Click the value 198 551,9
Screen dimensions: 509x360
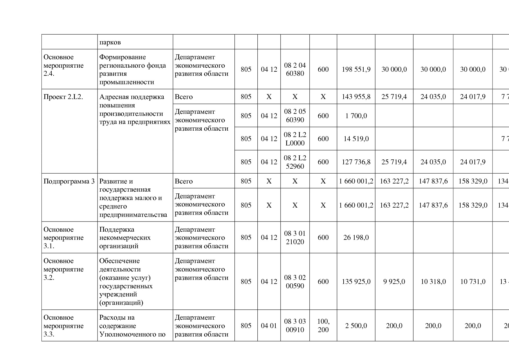pos(356,69)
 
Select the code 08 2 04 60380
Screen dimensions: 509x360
pos(295,69)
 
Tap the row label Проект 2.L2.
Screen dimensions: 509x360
pos(63,97)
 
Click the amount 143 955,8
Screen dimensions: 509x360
pos(356,97)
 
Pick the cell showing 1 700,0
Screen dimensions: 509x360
pos(356,116)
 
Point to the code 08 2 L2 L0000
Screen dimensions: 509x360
pos(295,139)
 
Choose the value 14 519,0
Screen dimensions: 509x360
pos(356,139)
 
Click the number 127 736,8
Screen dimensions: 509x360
pos(356,162)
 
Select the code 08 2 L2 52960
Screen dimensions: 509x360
pos(295,162)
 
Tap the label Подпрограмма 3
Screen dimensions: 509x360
pos(69,181)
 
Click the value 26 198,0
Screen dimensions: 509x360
pos(356,237)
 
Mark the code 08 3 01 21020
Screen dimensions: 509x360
pos(295,237)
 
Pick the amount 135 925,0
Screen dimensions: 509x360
pos(356,282)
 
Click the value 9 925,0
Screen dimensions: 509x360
pos(394,282)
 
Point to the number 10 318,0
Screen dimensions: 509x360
pos(433,282)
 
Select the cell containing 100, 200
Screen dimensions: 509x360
pos(323,325)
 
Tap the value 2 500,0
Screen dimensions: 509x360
pos(356,326)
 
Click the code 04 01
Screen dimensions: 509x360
pos(269,326)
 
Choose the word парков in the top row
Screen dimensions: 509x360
pos(110,42)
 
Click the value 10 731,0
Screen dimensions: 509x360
pos(473,282)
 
